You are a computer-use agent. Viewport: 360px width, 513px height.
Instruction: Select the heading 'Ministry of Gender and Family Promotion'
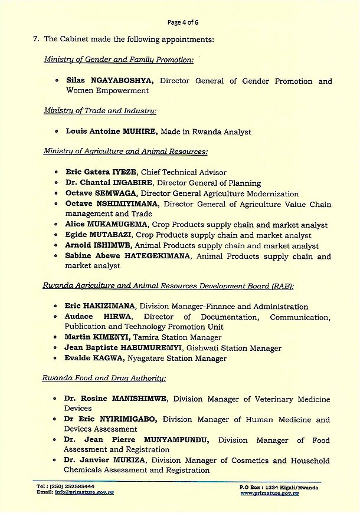pos(119,60)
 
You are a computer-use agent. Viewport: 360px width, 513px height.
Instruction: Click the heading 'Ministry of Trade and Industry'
pos(100,110)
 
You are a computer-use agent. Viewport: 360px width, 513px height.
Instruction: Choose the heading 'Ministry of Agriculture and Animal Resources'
pos(125,152)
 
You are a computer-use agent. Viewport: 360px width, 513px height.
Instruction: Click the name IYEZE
pos(125,172)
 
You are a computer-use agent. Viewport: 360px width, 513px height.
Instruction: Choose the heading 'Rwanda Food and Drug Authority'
pos(104,378)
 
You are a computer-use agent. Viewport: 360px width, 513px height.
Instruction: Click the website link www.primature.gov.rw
pos(270,492)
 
